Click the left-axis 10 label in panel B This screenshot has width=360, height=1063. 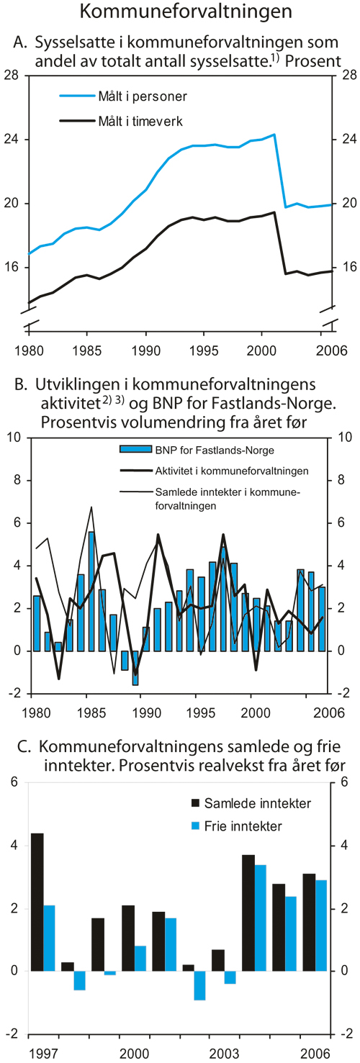[x=13, y=437]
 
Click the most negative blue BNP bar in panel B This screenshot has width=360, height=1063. [x=135, y=667]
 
